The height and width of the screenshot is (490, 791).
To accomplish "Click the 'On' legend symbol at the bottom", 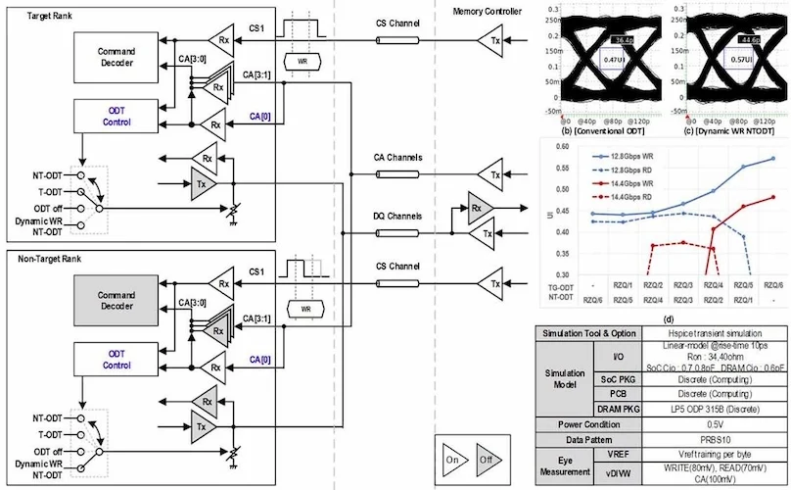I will click(x=452, y=457).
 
